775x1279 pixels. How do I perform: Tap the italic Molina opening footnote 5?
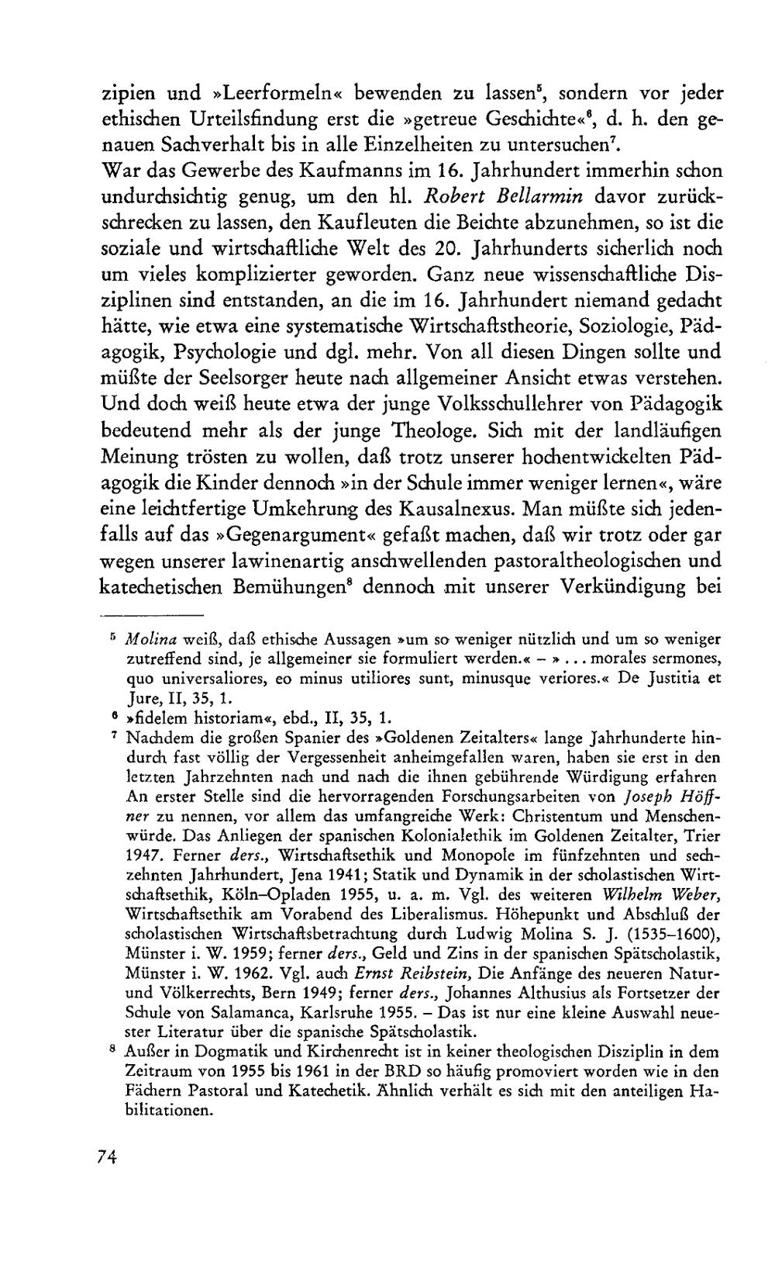[152, 639]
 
